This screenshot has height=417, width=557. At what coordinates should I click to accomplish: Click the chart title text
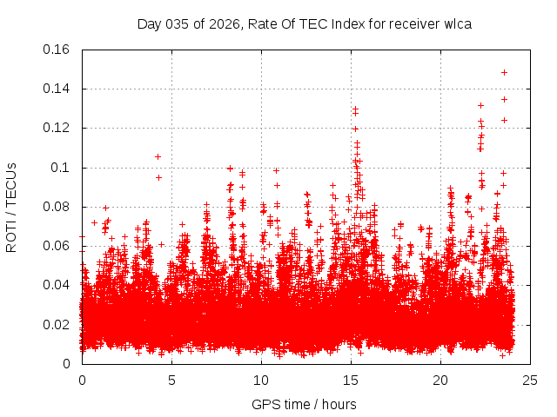point(305,23)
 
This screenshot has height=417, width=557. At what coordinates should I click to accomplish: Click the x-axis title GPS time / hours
point(304,404)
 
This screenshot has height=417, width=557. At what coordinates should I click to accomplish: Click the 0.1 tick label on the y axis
point(63,168)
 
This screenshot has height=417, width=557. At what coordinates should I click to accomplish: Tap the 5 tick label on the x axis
point(171,380)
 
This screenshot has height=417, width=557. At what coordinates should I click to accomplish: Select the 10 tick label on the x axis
point(261,380)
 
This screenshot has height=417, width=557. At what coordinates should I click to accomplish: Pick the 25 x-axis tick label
point(530,380)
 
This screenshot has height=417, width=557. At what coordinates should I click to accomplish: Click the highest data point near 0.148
point(504,72)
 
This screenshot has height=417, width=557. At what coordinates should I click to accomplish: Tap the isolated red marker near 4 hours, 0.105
point(158,156)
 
